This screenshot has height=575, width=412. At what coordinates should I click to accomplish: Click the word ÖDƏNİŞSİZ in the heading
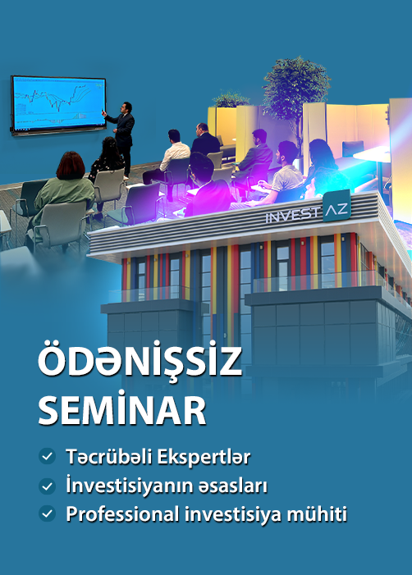pyautogui.click(x=140, y=360)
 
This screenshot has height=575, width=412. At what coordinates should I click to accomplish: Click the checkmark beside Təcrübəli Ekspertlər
pyautogui.click(x=47, y=456)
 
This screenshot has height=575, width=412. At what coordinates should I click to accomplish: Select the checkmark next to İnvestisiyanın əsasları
pyautogui.click(x=47, y=486)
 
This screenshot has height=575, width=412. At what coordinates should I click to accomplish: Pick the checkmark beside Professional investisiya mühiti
pyautogui.click(x=47, y=513)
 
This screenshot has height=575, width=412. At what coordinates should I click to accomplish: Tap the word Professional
pyautogui.click(x=122, y=513)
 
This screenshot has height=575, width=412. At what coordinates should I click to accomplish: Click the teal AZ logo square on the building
pyautogui.click(x=336, y=206)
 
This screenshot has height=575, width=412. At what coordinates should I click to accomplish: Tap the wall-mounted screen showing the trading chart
pyautogui.click(x=59, y=105)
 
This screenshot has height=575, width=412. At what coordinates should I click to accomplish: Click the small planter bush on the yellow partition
pyautogui.click(x=231, y=99)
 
